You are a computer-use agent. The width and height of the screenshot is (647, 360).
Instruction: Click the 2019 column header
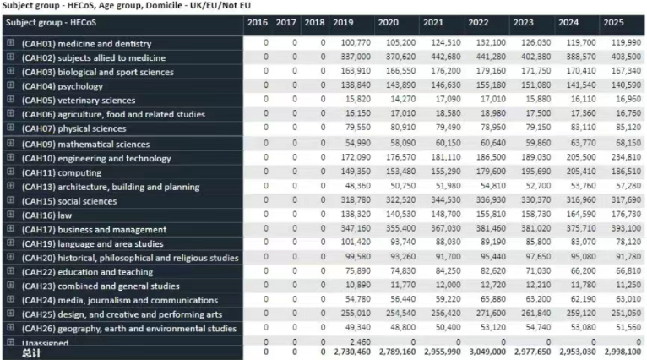tap(343, 22)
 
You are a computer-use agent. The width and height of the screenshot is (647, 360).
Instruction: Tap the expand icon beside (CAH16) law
tap(11, 215)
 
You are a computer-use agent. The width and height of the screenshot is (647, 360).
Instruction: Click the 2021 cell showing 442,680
tap(443, 57)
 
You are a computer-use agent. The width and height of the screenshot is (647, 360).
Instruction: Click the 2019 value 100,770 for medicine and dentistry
tap(356, 43)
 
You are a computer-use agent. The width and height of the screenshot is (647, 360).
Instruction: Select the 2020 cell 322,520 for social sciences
tap(399, 201)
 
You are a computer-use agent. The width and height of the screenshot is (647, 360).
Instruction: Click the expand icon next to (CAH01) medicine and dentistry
tap(11, 42)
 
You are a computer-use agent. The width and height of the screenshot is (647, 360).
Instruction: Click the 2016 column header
tap(258, 22)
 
